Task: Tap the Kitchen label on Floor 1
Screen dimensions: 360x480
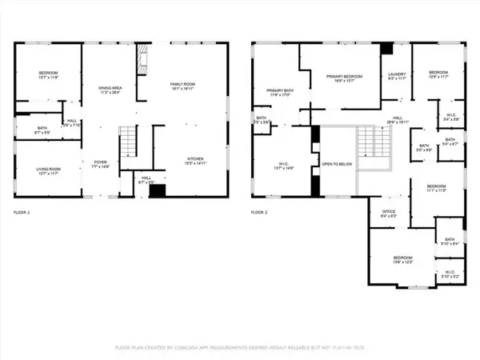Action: (196, 161)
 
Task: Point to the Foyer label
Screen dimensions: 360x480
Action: (99, 164)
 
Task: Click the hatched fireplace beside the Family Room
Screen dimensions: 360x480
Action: (143, 58)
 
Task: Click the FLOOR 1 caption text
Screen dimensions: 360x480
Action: (22, 213)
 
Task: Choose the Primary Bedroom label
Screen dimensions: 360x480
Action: (344, 78)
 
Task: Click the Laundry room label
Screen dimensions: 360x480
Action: (397, 76)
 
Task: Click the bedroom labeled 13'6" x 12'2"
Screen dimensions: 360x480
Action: (402, 260)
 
